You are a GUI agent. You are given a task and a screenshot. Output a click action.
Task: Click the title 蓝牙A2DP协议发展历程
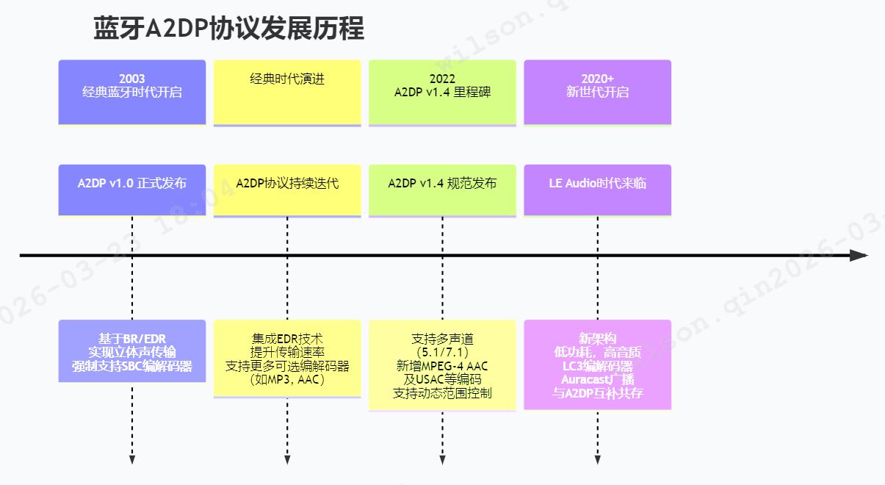[228, 29]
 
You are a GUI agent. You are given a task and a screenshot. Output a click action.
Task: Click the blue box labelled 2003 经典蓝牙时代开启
[132, 92]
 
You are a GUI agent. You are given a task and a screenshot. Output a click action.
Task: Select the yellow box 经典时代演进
[287, 92]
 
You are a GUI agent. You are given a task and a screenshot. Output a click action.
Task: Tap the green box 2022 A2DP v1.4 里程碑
[442, 92]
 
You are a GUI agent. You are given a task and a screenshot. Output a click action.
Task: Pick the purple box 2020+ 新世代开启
[597, 92]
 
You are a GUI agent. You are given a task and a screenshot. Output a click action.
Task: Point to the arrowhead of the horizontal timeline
[859, 256]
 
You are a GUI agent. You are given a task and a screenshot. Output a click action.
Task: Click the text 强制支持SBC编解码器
[132, 366]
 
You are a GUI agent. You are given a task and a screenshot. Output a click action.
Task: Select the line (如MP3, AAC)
[287, 380]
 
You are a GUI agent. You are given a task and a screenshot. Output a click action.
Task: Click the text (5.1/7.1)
[442, 353]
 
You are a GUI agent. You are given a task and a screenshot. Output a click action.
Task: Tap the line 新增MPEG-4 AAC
[442, 366]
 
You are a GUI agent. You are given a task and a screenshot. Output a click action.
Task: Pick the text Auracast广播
[597, 380]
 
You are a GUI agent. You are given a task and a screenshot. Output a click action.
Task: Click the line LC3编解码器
[597, 366]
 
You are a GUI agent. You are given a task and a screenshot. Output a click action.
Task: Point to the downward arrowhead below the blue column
[132, 460]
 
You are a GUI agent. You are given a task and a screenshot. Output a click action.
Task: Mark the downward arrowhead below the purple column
[597, 460]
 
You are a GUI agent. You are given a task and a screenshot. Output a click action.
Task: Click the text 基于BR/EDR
[132, 339]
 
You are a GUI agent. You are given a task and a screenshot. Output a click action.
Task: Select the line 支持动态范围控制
[442, 393]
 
